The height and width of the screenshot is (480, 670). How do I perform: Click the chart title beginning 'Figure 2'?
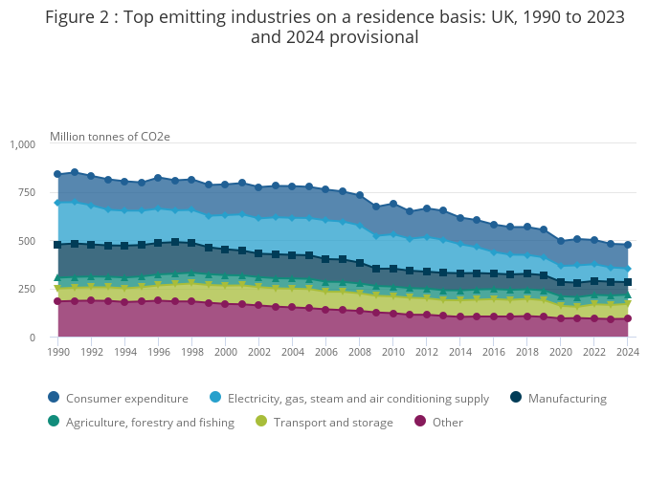(335, 28)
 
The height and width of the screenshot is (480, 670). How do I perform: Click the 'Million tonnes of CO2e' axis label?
(110, 137)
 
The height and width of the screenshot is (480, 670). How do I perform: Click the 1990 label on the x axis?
(58, 352)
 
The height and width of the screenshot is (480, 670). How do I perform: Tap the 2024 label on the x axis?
(627, 352)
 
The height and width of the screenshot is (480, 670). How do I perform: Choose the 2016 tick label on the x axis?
(493, 352)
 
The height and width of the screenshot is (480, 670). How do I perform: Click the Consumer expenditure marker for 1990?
(58, 174)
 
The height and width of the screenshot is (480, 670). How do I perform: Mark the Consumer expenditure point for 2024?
(627, 245)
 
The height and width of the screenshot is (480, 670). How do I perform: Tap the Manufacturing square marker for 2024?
(627, 282)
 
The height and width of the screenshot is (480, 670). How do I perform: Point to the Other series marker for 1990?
(58, 301)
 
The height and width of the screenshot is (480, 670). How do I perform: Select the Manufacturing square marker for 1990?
(58, 245)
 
